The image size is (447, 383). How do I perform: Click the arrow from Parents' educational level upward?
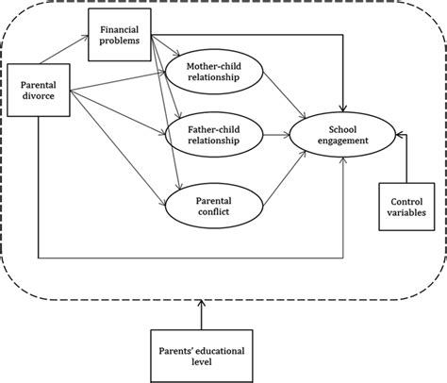coord(203,314)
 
